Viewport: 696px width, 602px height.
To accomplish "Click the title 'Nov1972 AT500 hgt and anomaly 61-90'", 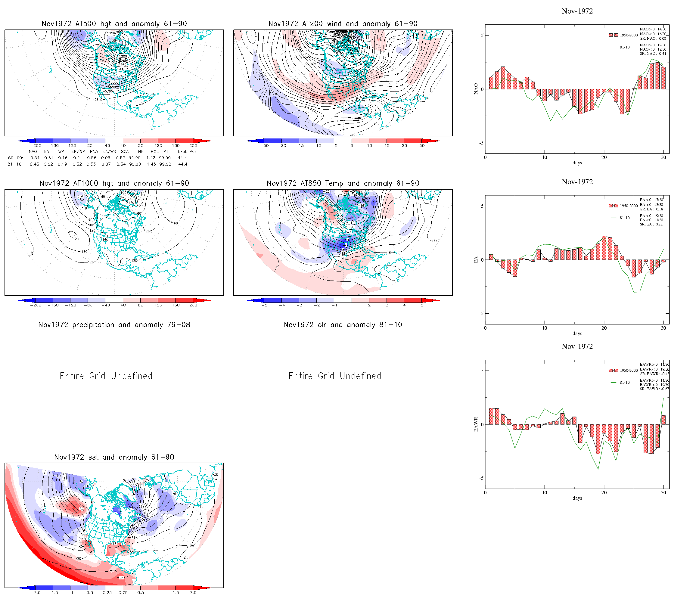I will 114,24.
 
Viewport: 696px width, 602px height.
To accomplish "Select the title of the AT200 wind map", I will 343,24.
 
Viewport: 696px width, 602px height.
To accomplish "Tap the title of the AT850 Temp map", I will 343,183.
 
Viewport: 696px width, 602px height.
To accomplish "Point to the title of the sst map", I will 114,457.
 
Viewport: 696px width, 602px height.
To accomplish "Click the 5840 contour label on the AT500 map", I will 98,100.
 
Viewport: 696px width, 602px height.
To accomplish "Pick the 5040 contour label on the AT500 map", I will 116,41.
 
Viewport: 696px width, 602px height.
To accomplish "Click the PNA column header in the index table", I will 94,151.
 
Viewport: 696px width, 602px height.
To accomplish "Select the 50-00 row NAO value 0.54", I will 35,158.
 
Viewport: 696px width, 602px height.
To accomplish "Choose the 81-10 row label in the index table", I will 15,164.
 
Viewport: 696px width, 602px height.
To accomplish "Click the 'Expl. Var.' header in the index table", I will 188,151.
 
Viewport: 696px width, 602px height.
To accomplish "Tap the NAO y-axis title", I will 476,89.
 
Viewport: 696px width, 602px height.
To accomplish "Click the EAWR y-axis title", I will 476,424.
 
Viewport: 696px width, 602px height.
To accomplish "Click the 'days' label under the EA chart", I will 577,334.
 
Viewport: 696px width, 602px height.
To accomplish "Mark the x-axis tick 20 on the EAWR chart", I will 604,493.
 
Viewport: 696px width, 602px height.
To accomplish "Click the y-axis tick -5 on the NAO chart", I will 482,143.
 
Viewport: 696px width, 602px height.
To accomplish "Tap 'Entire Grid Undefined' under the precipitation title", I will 106,376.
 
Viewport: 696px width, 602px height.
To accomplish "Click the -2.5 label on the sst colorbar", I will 35,593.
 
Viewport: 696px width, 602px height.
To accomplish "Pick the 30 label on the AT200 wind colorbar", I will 422,146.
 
